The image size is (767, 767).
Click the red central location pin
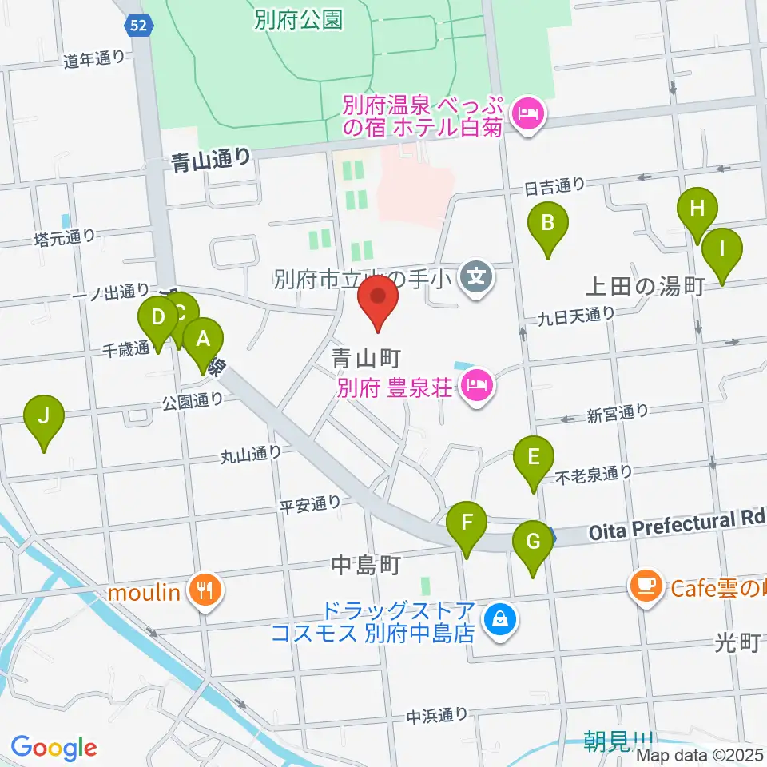click(x=379, y=299)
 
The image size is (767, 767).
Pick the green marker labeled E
click(x=534, y=459)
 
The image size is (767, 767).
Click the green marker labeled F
click(x=467, y=526)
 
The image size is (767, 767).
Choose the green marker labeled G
click(x=533, y=543)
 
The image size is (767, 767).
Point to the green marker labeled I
click(x=722, y=251)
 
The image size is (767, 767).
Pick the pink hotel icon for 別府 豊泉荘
click(x=478, y=388)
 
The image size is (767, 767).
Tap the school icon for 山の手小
click(x=477, y=279)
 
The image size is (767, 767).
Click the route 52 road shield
click(x=136, y=26)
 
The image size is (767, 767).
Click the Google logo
click(x=54, y=748)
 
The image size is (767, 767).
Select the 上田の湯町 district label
click(x=644, y=287)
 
